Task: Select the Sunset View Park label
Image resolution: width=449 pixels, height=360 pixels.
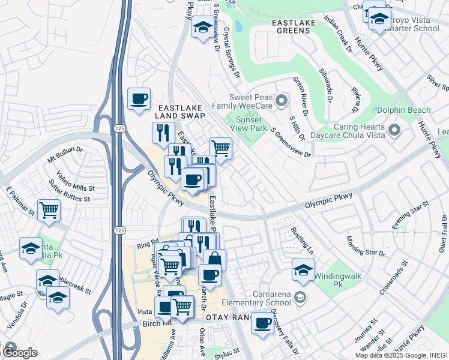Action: click(x=250, y=124)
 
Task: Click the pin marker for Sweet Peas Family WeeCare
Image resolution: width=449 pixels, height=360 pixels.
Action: click(x=280, y=99)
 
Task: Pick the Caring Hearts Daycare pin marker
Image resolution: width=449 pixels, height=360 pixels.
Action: click(x=394, y=130)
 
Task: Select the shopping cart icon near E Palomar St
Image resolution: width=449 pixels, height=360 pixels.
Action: click(x=49, y=210)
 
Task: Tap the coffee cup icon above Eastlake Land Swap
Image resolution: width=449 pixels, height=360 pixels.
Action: click(x=139, y=98)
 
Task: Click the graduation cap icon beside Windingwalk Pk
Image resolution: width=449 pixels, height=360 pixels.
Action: click(x=304, y=269)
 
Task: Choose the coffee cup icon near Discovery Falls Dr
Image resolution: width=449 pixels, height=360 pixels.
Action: click(x=262, y=323)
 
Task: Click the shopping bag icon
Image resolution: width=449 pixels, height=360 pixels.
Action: click(x=214, y=260)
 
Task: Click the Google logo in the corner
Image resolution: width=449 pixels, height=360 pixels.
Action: click(x=19, y=353)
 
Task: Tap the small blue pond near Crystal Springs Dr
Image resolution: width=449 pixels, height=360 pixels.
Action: click(x=239, y=26)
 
